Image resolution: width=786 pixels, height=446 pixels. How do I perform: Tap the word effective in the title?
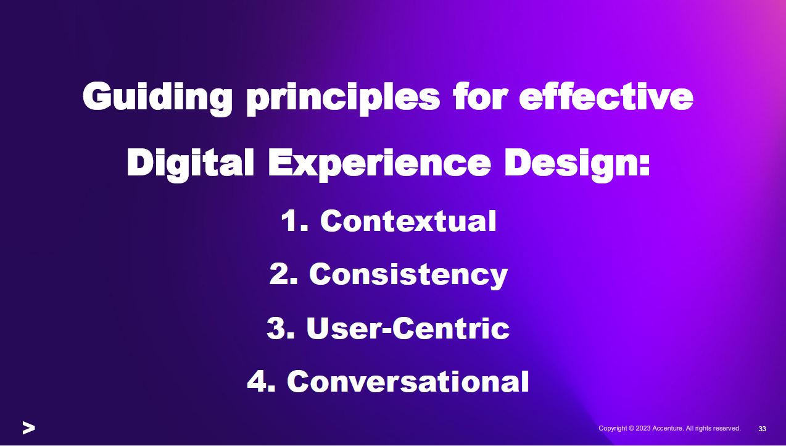(606, 96)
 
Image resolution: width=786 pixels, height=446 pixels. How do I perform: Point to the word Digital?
(190, 164)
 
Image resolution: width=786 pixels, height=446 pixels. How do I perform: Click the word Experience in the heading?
(379, 164)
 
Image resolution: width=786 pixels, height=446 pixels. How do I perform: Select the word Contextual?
(408, 221)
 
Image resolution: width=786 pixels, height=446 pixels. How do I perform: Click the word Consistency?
(408, 276)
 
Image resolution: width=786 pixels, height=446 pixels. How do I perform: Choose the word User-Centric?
(408, 328)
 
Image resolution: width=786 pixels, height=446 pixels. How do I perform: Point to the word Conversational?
(408, 381)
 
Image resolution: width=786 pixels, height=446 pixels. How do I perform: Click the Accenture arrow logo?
(29, 427)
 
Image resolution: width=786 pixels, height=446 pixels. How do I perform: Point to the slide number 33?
(762, 429)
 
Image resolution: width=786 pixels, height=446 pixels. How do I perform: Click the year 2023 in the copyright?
(643, 429)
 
